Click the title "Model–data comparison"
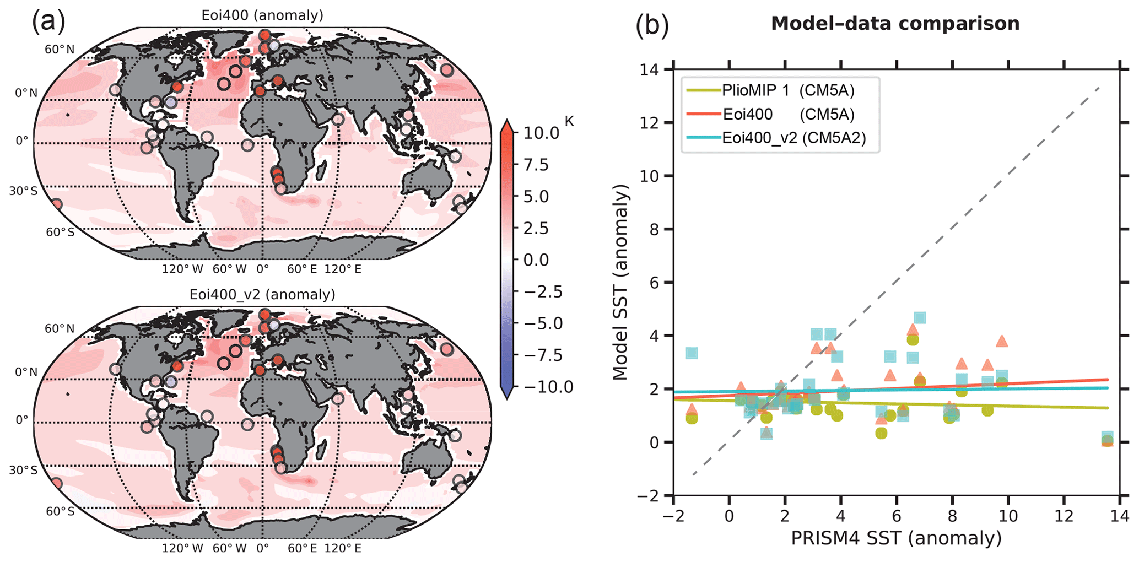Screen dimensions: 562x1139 pyautogui.click(x=895, y=24)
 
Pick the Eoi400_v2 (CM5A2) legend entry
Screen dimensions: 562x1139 pyautogui.click(x=794, y=138)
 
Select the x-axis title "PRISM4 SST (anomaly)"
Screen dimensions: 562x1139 pyautogui.click(x=896, y=538)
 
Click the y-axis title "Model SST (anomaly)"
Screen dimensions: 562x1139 pyautogui.click(x=621, y=283)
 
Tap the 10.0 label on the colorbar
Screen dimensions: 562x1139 pyautogui.click(x=540, y=133)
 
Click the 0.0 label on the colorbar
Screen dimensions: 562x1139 pyautogui.click(x=536, y=260)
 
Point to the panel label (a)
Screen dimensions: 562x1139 pyautogui.click(x=48, y=22)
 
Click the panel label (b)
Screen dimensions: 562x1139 pyautogui.click(x=652, y=26)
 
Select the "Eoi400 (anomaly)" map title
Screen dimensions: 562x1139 pyautogui.click(x=262, y=15)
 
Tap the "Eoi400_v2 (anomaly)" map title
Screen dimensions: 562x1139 pyautogui.click(x=262, y=294)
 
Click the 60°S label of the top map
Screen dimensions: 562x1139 pyautogui.click(x=60, y=232)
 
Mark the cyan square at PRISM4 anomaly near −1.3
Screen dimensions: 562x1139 pyautogui.click(x=692, y=353)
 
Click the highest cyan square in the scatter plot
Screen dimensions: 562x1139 pyautogui.click(x=920, y=318)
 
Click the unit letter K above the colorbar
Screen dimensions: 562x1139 pyautogui.click(x=569, y=121)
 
